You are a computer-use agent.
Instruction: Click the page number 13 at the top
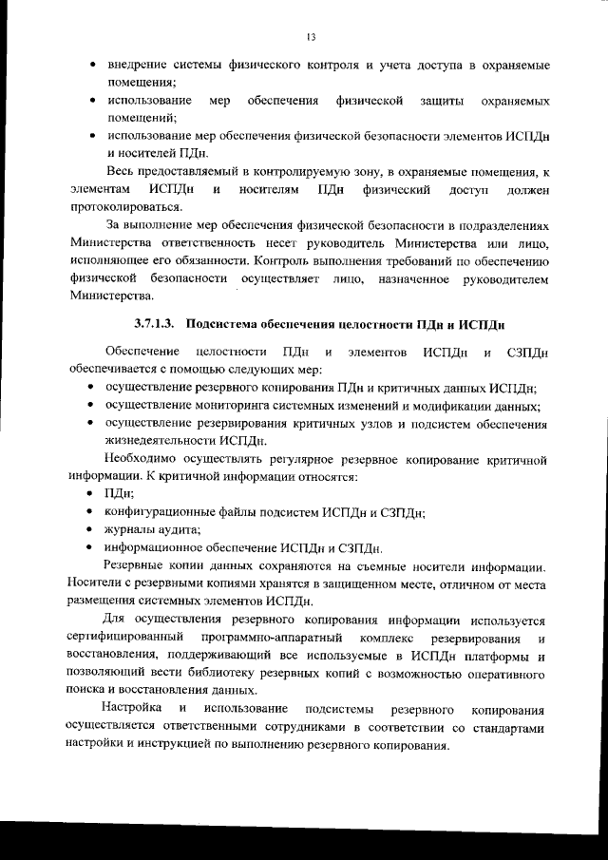[311, 37]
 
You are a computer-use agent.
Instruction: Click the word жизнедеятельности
[161, 442]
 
